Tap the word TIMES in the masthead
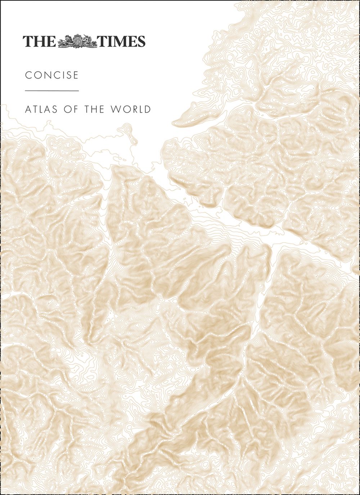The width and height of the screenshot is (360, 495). point(122,41)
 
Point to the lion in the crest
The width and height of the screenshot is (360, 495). point(68,41)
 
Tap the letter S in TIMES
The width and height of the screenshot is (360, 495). point(141,41)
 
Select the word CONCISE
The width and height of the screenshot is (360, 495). point(52,75)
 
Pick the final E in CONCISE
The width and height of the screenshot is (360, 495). point(76,75)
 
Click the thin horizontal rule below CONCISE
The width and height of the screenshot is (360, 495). point(52,91)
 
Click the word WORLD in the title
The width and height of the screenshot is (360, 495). point(131,109)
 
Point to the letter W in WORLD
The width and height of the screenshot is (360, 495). point(117,109)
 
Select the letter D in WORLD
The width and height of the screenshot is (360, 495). point(147,109)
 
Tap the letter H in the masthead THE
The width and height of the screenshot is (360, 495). point(39,41)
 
